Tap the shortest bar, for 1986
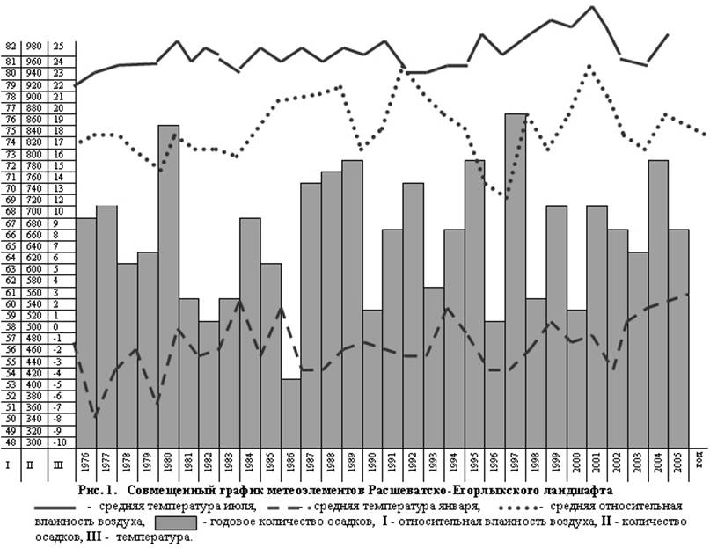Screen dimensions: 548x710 click(x=291, y=413)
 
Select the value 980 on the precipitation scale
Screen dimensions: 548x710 click(x=34, y=46)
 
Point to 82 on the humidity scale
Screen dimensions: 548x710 click(x=11, y=46)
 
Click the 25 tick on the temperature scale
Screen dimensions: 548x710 click(x=58, y=46)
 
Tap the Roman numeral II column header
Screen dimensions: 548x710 click(x=34, y=464)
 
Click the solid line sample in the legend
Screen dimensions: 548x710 click(x=57, y=508)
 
